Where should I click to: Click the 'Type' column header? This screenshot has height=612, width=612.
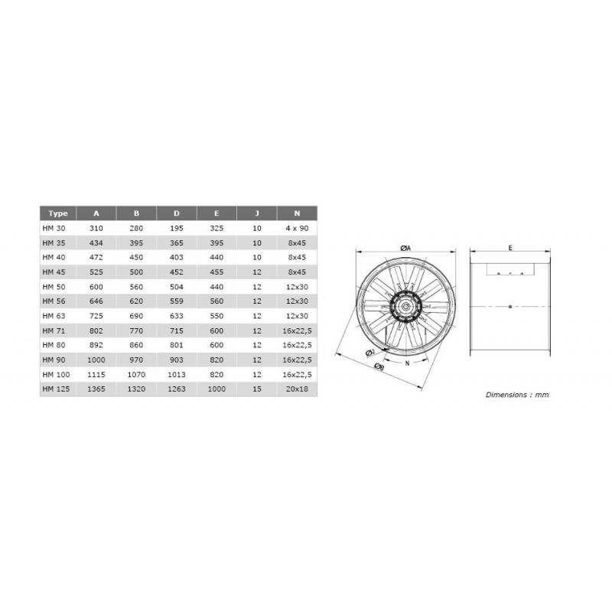pyautogui.click(x=57, y=213)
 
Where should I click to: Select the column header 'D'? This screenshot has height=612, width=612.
pyautogui.click(x=177, y=213)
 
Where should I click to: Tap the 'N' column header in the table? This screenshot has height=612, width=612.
pyautogui.click(x=297, y=213)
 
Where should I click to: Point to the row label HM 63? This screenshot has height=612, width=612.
pyautogui.click(x=56, y=315)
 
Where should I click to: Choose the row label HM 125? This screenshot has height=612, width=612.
pyautogui.click(x=58, y=389)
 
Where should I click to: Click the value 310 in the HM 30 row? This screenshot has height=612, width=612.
pyautogui.click(x=96, y=228)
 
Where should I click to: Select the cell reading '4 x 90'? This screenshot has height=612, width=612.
pyautogui.click(x=297, y=228)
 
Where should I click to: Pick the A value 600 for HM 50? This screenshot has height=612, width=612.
pyautogui.click(x=96, y=286)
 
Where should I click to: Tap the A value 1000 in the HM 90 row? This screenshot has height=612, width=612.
pyautogui.click(x=96, y=360)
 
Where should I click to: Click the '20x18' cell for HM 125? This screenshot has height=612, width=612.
pyautogui.click(x=297, y=389)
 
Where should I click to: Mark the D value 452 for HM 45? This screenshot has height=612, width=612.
pyautogui.click(x=177, y=272)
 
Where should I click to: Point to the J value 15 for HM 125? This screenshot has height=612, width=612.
pyautogui.click(x=256, y=389)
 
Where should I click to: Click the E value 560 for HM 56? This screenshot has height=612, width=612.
pyautogui.click(x=216, y=301)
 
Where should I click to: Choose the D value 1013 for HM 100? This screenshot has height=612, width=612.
pyautogui.click(x=177, y=374)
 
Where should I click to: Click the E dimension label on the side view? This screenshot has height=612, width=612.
pyautogui.click(x=510, y=247)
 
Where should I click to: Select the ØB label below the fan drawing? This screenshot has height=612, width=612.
pyautogui.click(x=379, y=368)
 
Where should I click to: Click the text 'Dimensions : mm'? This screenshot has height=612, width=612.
pyautogui.click(x=517, y=395)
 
